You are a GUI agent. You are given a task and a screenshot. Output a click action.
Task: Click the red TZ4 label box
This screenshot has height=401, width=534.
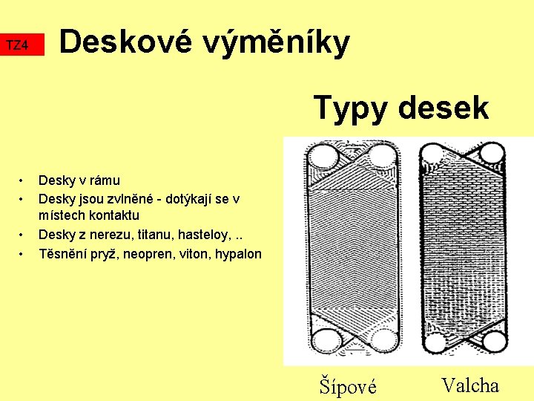[22, 45]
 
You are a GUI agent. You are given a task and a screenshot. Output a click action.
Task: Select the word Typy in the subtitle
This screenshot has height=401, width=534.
[351, 108]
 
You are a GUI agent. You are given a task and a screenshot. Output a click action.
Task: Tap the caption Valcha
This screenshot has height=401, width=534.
[470, 385]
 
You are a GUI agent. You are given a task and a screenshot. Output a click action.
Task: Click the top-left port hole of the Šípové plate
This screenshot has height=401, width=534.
[324, 155]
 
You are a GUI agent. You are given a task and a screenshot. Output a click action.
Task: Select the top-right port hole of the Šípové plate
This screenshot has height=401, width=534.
[383, 155]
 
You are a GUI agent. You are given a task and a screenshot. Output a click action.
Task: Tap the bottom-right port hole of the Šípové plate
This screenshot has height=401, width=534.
[383, 341]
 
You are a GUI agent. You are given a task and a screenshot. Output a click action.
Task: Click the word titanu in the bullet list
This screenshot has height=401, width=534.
[142, 235]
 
